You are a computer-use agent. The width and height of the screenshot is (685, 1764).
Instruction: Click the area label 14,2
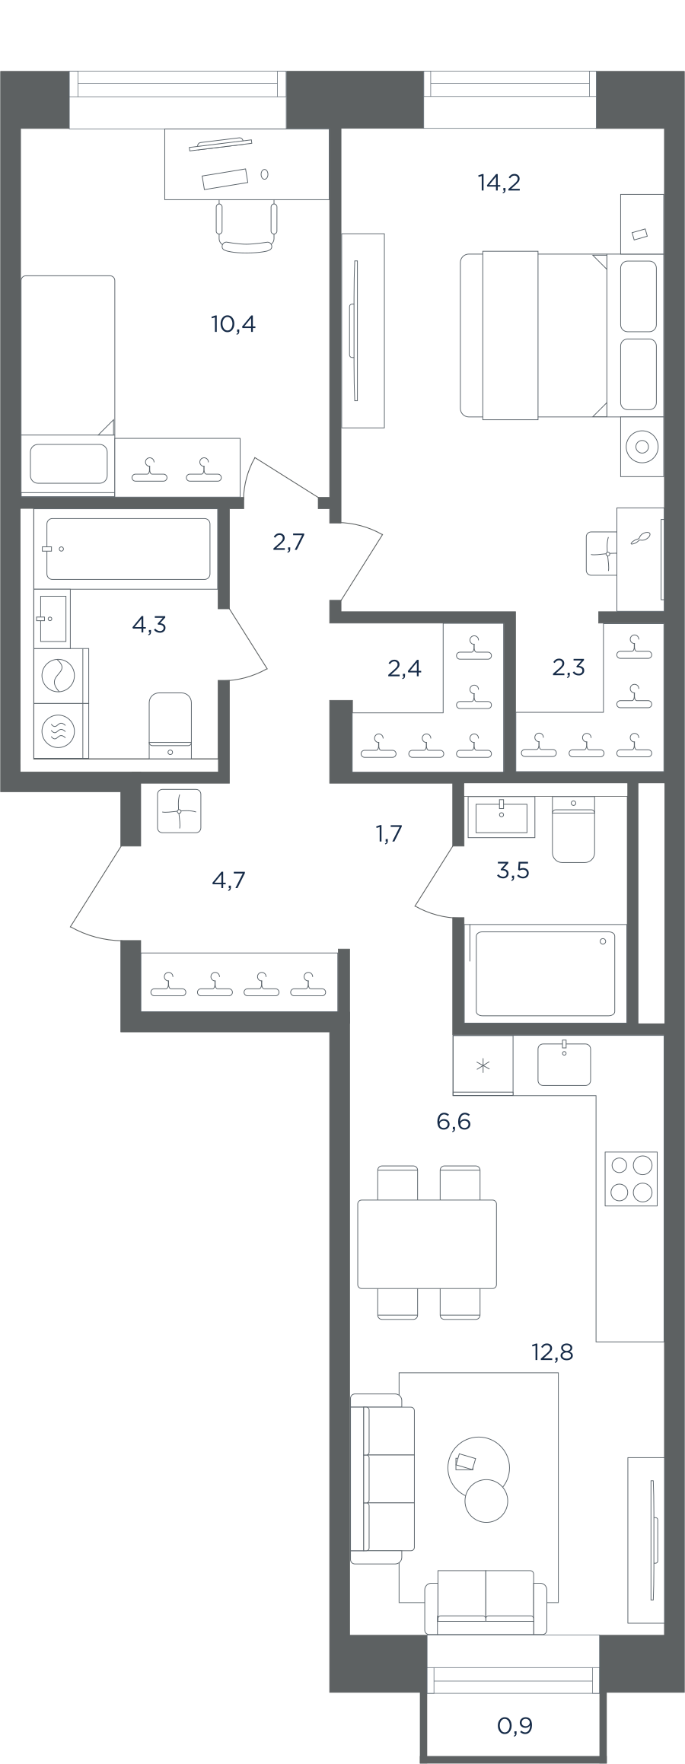point(499,183)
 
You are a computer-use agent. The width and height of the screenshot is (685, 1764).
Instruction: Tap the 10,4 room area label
point(233,324)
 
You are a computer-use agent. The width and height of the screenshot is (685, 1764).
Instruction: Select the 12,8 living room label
point(552,1352)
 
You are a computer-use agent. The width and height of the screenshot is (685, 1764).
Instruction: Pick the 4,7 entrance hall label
point(228,880)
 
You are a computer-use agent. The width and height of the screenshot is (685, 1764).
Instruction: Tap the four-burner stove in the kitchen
point(631,1179)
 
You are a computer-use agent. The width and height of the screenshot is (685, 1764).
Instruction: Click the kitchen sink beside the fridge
point(564,1063)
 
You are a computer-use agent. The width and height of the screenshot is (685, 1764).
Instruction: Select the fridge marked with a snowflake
point(483,1065)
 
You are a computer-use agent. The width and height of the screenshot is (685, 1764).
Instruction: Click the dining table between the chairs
point(427,1243)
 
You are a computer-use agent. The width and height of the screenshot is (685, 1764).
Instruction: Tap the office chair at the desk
point(246,226)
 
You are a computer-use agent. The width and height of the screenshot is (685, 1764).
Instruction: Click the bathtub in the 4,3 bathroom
point(128,549)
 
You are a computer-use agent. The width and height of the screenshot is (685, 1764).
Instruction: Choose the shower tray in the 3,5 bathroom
point(545,973)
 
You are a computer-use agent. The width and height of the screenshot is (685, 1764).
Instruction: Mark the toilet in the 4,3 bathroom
point(170,724)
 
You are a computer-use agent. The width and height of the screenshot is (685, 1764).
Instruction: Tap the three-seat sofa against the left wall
point(383,1478)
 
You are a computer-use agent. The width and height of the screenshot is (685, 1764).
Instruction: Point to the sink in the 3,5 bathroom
point(501,817)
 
